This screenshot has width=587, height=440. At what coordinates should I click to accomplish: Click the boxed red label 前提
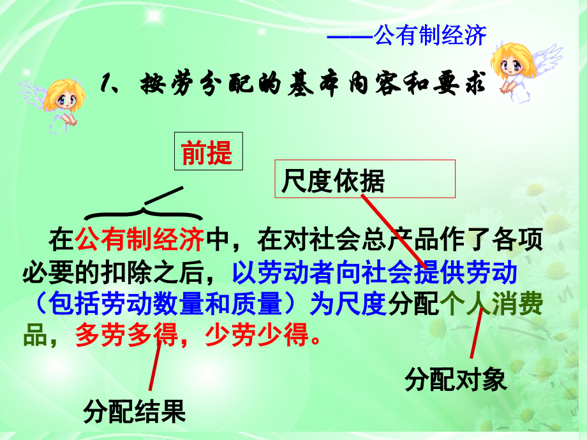207,153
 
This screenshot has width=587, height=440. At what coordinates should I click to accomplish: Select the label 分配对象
455,380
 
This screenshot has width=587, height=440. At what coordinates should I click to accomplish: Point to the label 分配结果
134,412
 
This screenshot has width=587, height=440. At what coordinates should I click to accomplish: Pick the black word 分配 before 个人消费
413,305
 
